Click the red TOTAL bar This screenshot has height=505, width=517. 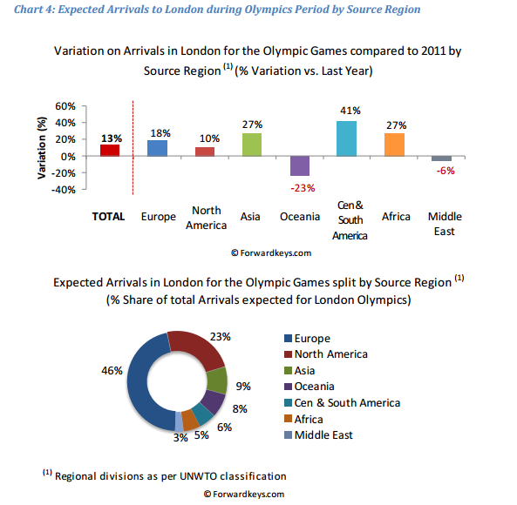pos(110,151)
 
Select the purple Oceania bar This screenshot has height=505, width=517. pos(300,166)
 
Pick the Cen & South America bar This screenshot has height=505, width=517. pos(346,138)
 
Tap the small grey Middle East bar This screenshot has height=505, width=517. pos(441,158)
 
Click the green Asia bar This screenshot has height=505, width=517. pos(252,145)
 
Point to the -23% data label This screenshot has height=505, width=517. pos(303,188)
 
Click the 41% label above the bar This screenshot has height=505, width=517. pos(350,111)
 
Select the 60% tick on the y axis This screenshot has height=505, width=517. pos(65,106)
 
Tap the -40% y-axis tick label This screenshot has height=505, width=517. pos(64,190)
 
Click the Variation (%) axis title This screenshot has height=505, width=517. pos(42,148)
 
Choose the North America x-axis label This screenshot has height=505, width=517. pos(206,218)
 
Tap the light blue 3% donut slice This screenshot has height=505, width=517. pos(179,421)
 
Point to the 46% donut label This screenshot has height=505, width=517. pos(112,371)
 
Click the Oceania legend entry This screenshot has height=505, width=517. pos(310,387)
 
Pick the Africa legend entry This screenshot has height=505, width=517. pos(303,419)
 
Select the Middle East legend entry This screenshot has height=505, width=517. pos(318,435)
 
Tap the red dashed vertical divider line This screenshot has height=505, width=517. pos(133,148)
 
